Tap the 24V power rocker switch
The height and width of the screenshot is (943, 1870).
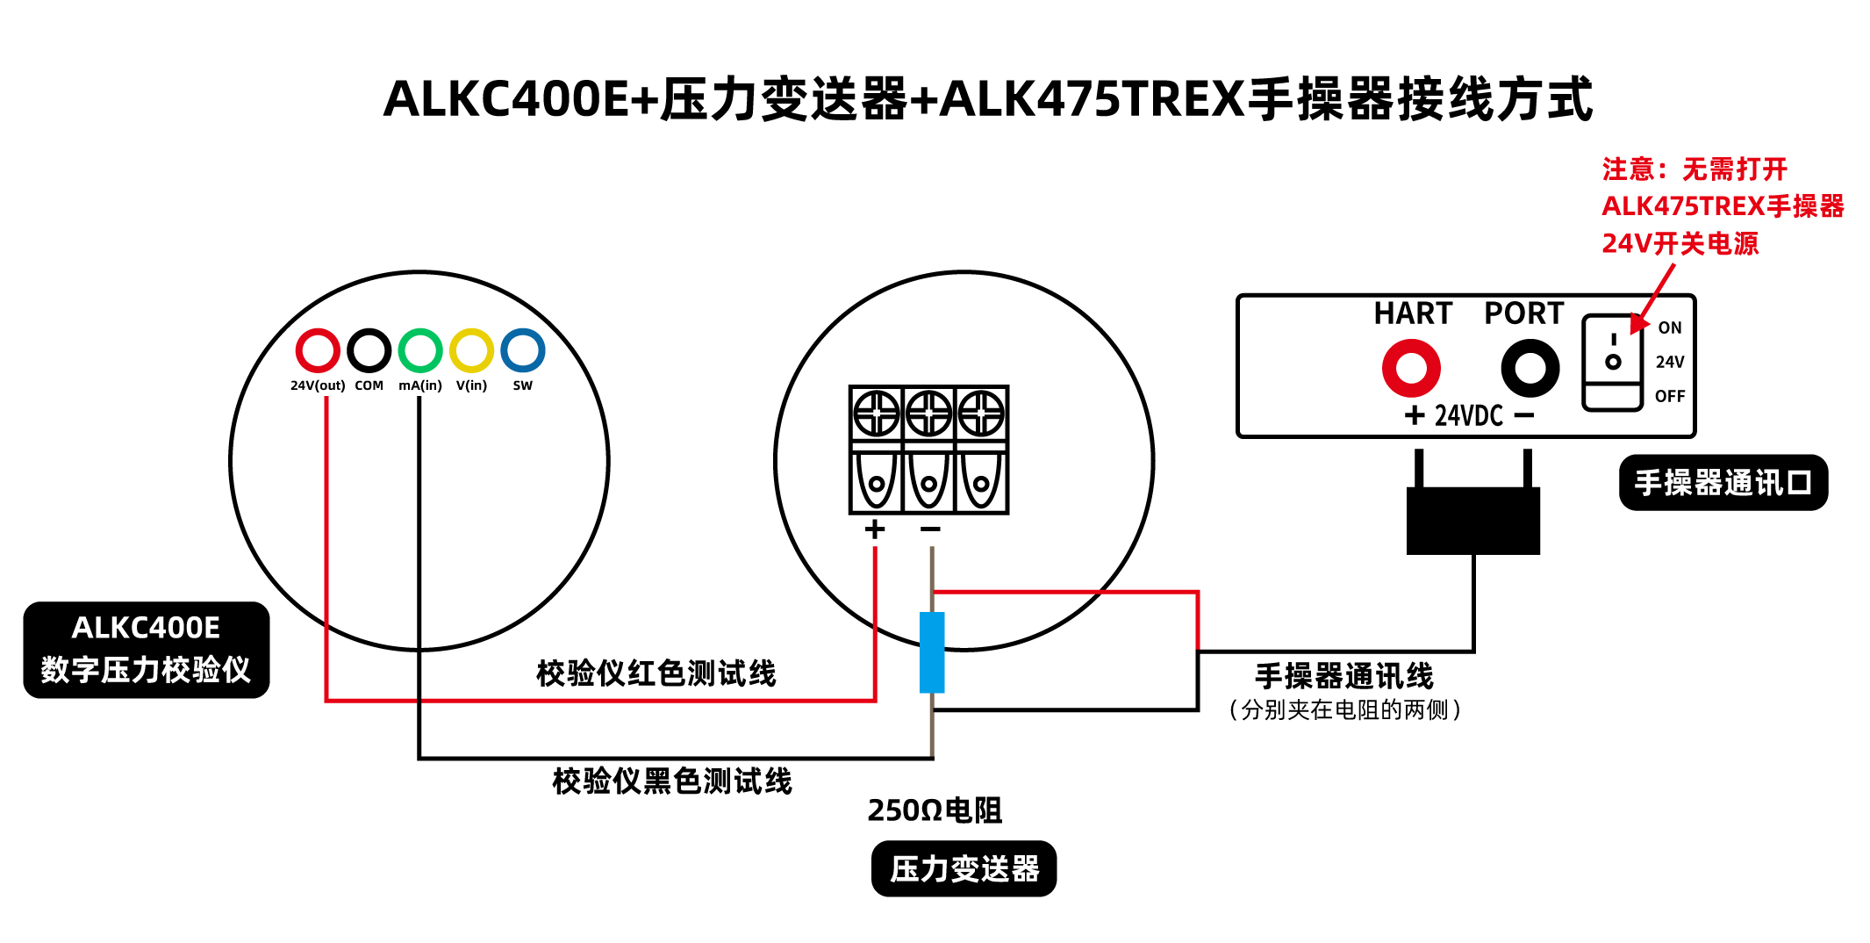(1612, 363)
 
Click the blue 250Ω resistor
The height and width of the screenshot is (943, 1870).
(932, 652)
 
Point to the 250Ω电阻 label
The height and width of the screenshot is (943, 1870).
(935, 810)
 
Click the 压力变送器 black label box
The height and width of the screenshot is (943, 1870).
(964, 869)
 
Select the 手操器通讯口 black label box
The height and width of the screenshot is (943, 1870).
(1723, 482)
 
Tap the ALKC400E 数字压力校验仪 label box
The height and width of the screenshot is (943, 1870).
(147, 650)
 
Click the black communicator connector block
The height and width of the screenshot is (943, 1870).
(1473, 521)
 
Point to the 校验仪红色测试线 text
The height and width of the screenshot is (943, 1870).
(656, 673)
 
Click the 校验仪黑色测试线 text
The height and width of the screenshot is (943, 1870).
(672, 781)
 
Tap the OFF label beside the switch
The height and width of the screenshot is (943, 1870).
(1670, 396)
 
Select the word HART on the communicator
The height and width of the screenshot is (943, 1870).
(1413, 313)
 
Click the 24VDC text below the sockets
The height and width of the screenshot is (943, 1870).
(1469, 415)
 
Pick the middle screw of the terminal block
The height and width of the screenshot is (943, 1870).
(928, 414)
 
